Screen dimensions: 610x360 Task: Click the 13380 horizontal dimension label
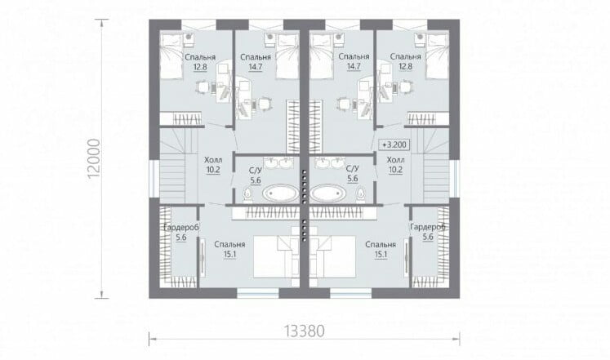[x=304, y=331]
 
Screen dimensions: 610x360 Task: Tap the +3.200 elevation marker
[x=394, y=145]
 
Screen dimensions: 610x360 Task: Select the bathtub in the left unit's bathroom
[x=280, y=193]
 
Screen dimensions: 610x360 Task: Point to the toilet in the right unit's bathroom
[x=361, y=194]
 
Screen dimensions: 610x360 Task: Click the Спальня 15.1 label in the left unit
[x=229, y=249]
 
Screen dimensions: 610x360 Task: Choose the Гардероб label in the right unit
[x=428, y=227]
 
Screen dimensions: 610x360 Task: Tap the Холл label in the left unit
[x=214, y=160]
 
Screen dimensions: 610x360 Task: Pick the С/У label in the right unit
[x=352, y=169]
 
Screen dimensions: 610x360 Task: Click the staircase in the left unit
[x=177, y=166]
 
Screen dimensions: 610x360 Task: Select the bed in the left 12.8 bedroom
[x=172, y=56]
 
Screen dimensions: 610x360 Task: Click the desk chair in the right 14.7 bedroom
[x=343, y=104]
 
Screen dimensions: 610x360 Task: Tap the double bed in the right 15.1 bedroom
[x=336, y=256]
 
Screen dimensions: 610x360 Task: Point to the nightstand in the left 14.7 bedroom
[x=270, y=38]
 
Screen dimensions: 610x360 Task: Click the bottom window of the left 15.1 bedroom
[x=258, y=293]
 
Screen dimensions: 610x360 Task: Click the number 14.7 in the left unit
[x=256, y=66]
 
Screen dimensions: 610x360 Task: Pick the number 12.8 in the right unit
[x=405, y=66]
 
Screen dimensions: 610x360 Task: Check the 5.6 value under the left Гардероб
[x=181, y=238]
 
